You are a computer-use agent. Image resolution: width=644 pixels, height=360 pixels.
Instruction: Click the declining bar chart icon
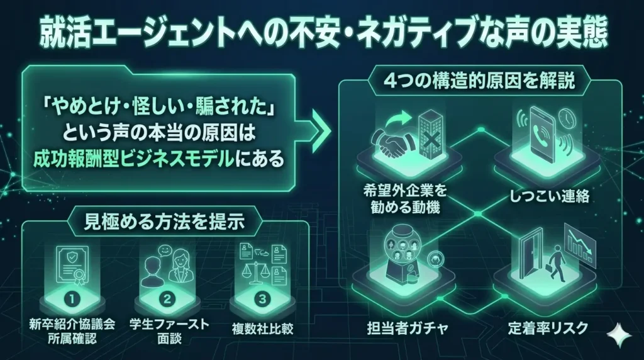[x=580, y=245]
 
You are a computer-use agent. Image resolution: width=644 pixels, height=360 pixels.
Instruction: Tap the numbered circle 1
[x=72, y=299]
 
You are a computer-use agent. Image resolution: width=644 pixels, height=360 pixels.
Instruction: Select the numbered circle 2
[x=167, y=299]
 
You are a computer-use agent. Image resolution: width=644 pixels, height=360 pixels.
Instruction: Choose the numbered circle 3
[x=262, y=299]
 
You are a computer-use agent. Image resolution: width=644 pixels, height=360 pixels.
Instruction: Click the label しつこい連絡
[x=550, y=196]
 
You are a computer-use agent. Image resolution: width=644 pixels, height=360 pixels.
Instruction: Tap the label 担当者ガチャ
[x=407, y=329]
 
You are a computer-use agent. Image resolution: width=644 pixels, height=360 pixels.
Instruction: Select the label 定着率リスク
[x=548, y=328]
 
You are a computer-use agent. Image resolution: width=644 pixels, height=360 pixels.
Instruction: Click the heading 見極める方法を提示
[x=164, y=222]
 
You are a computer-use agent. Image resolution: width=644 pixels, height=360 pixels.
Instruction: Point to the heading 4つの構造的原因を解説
[x=479, y=81]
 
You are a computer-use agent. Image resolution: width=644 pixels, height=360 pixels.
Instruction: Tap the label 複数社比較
[x=262, y=329]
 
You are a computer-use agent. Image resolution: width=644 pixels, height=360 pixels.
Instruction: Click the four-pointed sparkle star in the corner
[x=620, y=335]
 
